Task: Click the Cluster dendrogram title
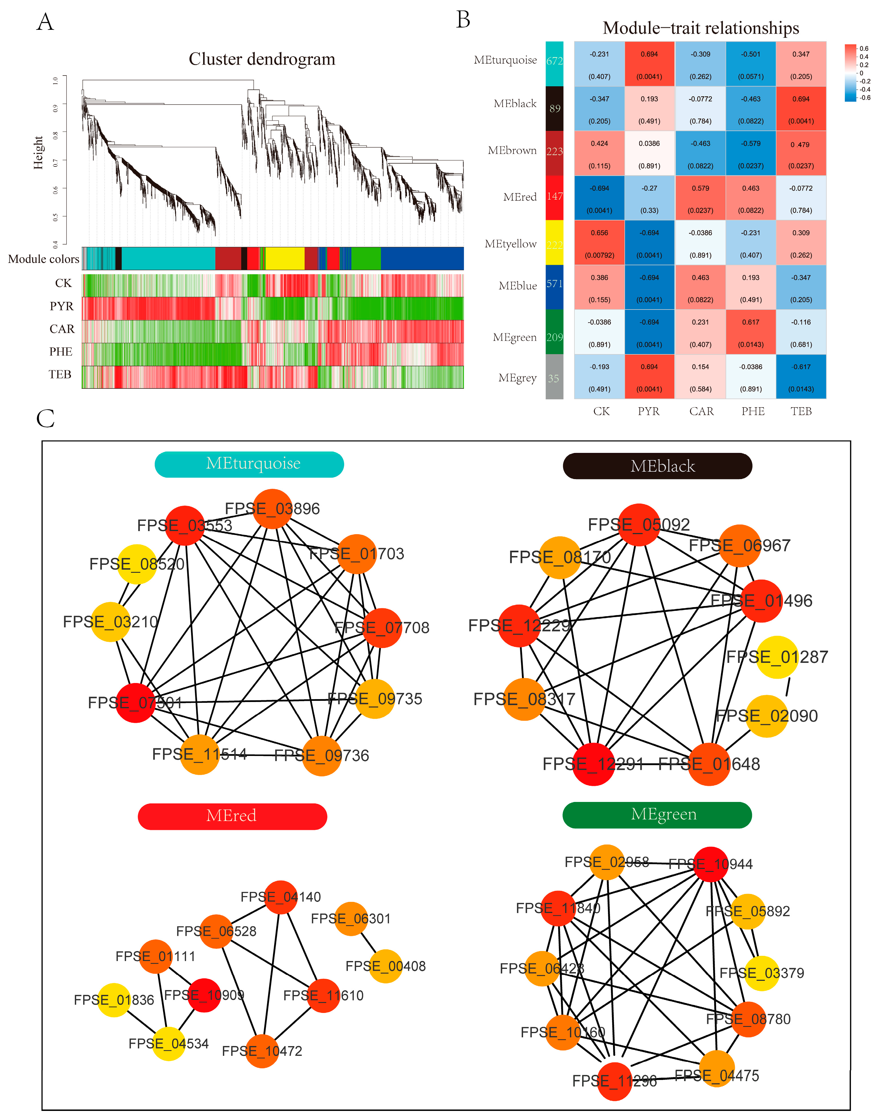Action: tap(262, 59)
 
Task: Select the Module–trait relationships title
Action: tap(701, 28)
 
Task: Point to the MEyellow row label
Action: tap(510, 244)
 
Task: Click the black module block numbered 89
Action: tap(554, 108)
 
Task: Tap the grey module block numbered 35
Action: tap(554, 377)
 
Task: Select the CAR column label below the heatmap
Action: tap(701, 411)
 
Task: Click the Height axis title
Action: tap(38, 153)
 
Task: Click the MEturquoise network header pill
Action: tap(249, 464)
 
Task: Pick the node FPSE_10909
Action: tap(204, 995)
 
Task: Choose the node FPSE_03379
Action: tap(762, 973)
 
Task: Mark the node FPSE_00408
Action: tap(386, 966)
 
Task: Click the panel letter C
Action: tap(45, 418)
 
